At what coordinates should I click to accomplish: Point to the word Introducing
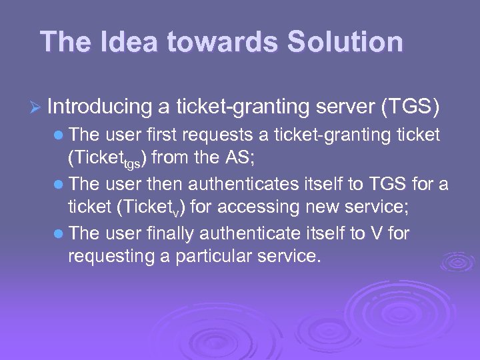(100, 106)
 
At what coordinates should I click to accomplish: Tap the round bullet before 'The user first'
(60, 135)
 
